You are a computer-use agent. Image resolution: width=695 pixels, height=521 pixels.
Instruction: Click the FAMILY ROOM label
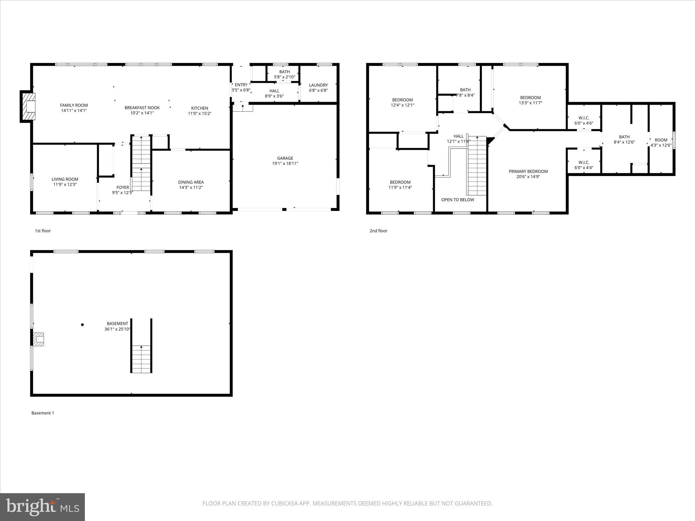pos(74,105)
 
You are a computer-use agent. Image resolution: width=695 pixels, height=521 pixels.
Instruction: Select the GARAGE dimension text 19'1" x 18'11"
pos(285,163)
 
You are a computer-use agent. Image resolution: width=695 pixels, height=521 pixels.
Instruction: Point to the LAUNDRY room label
pos(318,85)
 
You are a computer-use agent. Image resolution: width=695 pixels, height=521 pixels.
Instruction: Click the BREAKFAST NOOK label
pos(142,108)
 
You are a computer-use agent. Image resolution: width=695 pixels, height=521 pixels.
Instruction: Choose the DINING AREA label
pos(191,182)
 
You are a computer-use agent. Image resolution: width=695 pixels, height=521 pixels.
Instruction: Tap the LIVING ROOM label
pos(65,179)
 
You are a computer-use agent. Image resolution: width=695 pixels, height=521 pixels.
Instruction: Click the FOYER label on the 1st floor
pos(123,187)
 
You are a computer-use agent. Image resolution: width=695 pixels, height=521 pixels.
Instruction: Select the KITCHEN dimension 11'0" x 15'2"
pos(200,114)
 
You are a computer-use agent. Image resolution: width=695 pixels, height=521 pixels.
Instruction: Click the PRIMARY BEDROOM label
pos(528,171)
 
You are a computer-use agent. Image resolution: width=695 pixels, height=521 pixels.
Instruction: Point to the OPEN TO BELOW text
pos(457,200)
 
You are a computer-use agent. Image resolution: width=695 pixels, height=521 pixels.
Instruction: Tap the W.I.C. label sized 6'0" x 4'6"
pos(584,118)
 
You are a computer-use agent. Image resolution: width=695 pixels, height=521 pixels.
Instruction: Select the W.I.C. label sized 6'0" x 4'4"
pos(584,162)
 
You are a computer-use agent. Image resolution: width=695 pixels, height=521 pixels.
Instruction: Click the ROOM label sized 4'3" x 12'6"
pos(661,140)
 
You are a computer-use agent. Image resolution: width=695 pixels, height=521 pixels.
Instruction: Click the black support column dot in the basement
pos(82,325)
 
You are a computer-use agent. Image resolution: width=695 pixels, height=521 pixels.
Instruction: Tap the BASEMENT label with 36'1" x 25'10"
pos(117,324)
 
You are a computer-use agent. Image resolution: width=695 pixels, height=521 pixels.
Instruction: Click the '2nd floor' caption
pos(378,231)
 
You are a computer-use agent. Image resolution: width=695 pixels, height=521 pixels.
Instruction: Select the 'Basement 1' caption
pos(43,413)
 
